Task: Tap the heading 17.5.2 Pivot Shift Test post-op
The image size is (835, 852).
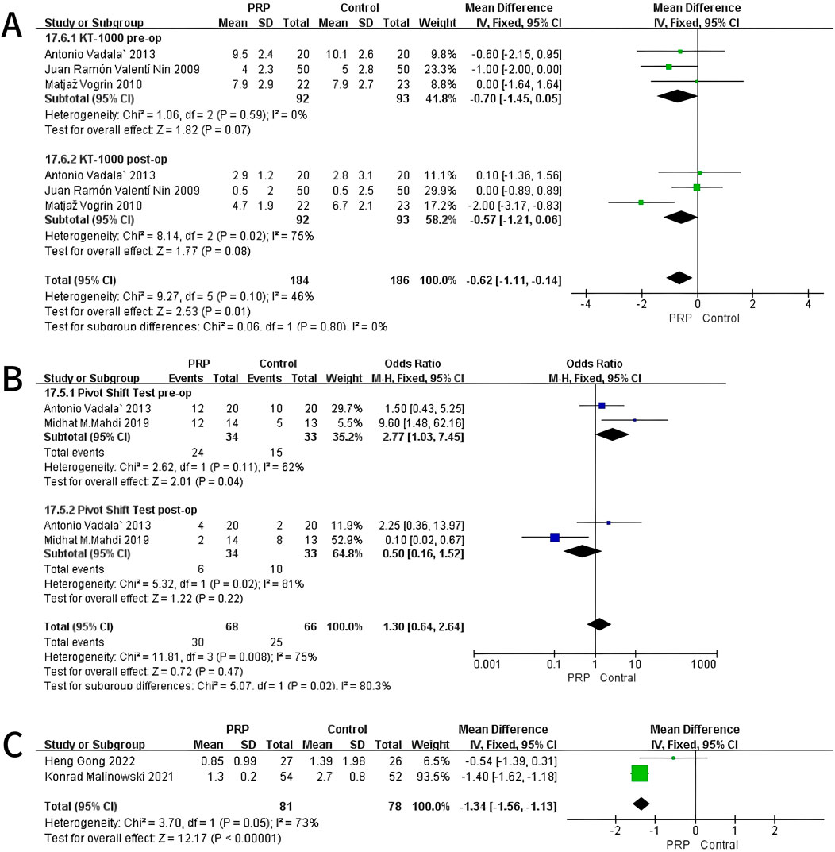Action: [125, 508]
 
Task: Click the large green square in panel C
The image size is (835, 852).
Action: [640, 773]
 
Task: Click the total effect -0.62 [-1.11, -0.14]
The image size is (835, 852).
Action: [515, 280]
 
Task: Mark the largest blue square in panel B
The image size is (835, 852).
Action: [555, 538]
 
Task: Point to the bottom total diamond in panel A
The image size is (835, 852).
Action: [679, 278]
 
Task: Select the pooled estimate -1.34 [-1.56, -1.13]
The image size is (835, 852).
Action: [507, 806]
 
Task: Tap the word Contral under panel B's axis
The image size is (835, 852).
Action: [619, 679]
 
